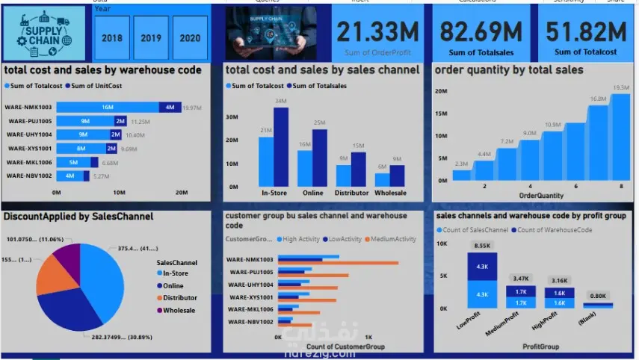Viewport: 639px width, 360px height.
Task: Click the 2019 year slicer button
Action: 151,38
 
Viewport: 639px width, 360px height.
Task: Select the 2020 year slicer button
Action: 191,38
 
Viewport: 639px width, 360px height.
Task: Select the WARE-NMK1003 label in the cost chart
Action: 28,108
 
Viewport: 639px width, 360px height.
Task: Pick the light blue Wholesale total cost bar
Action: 382,179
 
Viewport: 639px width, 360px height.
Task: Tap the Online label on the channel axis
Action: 313,193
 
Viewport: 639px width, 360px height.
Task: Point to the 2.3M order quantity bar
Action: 462,176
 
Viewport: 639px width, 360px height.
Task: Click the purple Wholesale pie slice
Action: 67,258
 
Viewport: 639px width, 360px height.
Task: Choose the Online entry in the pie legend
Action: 173,286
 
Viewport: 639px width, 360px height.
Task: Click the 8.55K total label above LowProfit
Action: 482,245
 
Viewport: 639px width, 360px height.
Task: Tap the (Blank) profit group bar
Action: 598,305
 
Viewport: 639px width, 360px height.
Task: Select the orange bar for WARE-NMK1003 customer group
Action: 338,262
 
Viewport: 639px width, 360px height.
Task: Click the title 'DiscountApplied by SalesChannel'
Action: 78,216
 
